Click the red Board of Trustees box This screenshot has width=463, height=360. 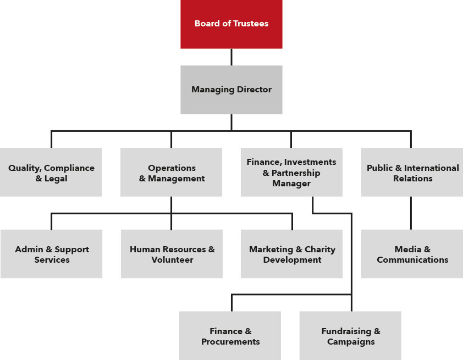point(231,24)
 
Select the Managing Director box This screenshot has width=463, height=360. point(231,90)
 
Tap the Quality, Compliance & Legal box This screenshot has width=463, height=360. point(51,173)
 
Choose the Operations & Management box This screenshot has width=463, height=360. point(171,173)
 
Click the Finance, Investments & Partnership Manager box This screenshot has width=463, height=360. point(291,173)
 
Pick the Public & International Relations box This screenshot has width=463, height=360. point(412,173)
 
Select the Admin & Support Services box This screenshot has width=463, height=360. point(51,254)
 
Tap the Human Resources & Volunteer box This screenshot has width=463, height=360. point(172,254)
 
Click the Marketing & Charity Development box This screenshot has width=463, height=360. point(291,254)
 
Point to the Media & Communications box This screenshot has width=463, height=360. point(412,254)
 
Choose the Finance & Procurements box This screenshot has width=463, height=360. point(230,336)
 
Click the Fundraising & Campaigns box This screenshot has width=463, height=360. point(350,336)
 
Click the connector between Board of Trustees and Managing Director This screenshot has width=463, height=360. point(231,57)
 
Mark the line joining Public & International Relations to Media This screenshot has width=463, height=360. point(411,213)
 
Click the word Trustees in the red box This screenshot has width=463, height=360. point(250,24)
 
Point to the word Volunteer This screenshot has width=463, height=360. point(172,259)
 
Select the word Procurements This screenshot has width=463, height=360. point(230,342)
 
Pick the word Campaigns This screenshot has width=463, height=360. point(351,342)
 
